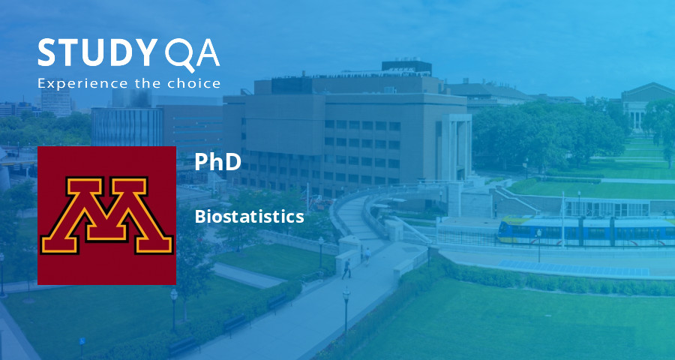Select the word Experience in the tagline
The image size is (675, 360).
tap(73, 83)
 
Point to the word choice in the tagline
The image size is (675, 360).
tap(197, 83)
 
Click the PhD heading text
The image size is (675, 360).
tap(217, 162)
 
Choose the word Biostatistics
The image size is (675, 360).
tap(249, 217)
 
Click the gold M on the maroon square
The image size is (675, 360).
tap(106, 216)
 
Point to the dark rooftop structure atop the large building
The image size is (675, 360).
tap(406, 67)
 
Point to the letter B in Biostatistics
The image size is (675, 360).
tap(199, 217)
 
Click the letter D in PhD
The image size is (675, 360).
tap(232, 162)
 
